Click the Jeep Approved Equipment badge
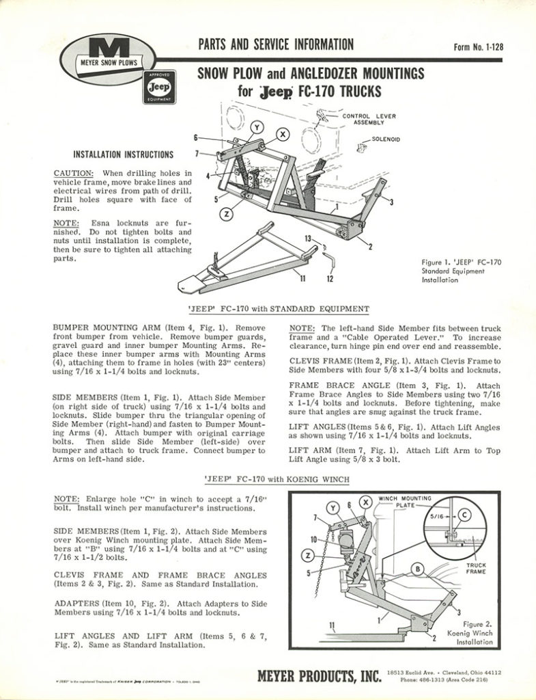point(158,87)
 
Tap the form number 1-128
point(477,47)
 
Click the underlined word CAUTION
point(73,173)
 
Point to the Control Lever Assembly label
point(369,119)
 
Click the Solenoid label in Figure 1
point(386,139)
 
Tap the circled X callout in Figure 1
point(282,134)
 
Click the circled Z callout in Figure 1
point(227,213)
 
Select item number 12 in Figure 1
point(330,280)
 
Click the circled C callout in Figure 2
point(464,514)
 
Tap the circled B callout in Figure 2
point(416,567)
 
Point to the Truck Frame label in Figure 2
point(476,569)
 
